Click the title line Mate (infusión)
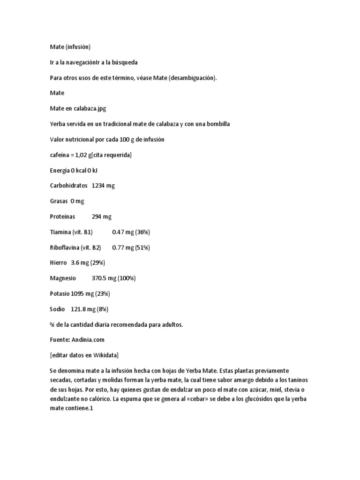pyautogui.click(x=70, y=47)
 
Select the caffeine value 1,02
pyautogui.click(x=82, y=155)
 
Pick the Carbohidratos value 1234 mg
pyautogui.click(x=103, y=186)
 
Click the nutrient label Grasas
pyautogui.click(x=59, y=201)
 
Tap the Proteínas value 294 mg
pyautogui.click(x=102, y=217)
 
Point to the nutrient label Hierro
pyautogui.click(x=58, y=263)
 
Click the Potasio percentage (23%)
pyautogui.click(x=102, y=294)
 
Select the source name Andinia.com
pyautogui.click(x=89, y=340)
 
